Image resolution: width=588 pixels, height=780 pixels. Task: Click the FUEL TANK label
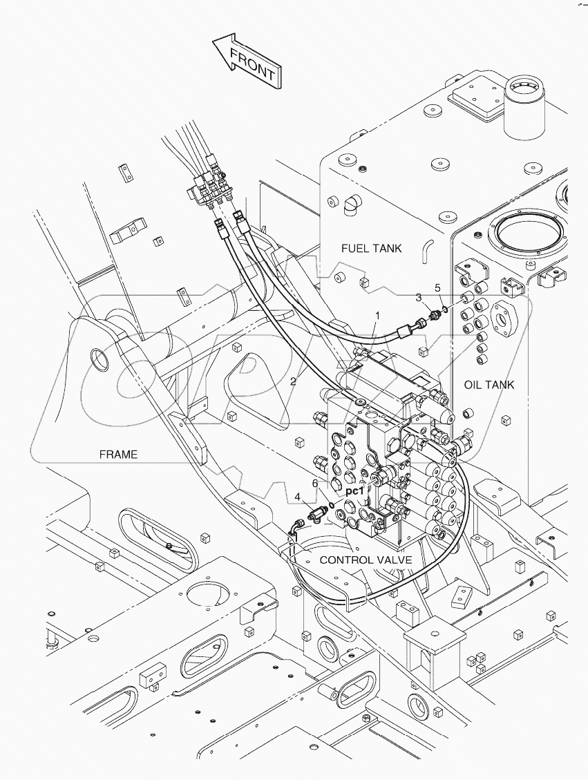tap(371, 247)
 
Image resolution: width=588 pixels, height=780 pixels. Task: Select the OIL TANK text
tap(489, 385)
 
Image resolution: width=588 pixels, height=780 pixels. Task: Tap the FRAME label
tap(118, 454)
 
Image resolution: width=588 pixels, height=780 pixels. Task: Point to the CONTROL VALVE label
tap(366, 560)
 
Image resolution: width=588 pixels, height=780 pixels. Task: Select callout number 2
tap(294, 381)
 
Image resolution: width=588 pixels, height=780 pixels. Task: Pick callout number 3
tap(419, 297)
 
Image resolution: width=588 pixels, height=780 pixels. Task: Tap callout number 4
tap(297, 497)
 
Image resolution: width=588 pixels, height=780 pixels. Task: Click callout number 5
tap(437, 287)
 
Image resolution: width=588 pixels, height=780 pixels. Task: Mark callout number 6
tap(314, 484)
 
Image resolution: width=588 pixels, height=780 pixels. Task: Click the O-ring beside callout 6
tap(333, 505)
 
